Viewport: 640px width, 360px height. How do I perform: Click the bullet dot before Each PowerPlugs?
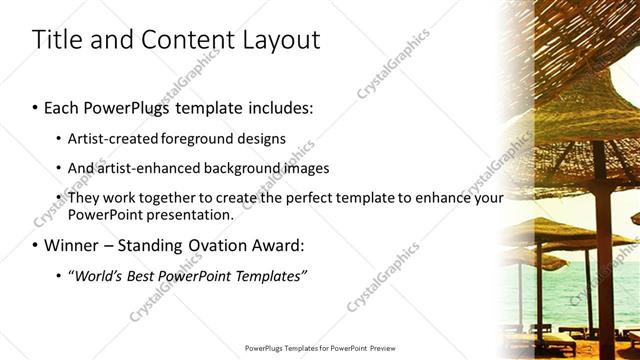tap(36, 106)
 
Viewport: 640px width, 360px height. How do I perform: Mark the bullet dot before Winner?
tap(36, 246)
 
